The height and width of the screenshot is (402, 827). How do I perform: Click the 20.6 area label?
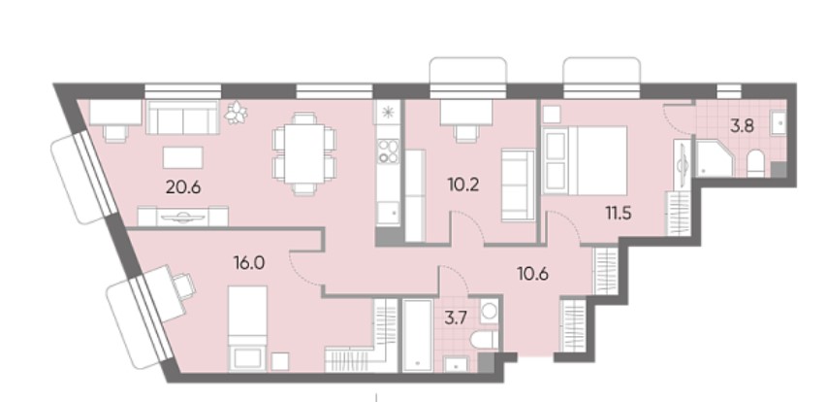183,187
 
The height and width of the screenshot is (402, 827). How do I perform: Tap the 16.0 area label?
249,262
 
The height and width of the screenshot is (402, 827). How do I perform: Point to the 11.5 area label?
619,214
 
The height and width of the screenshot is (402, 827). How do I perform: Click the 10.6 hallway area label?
532,274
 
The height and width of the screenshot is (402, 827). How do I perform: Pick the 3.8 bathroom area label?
741,126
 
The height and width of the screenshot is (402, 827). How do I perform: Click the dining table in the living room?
303,153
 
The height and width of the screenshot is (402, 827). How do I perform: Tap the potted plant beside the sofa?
236,113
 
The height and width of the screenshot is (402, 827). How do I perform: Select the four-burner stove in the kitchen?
388,151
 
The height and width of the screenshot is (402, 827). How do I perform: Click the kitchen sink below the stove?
388,212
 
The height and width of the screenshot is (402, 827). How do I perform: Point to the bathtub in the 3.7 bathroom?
418,335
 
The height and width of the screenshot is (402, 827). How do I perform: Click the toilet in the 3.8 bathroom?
755,164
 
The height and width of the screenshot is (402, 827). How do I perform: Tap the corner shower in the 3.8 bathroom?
715,157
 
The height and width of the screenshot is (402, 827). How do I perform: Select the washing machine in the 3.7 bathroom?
489,310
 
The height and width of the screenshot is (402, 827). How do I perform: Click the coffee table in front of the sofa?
182,157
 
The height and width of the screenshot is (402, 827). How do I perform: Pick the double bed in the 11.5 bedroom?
585,160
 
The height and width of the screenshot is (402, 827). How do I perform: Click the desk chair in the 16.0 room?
184,285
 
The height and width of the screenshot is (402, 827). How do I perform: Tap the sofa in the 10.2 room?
518,184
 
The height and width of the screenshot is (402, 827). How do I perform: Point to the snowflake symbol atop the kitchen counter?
388,113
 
